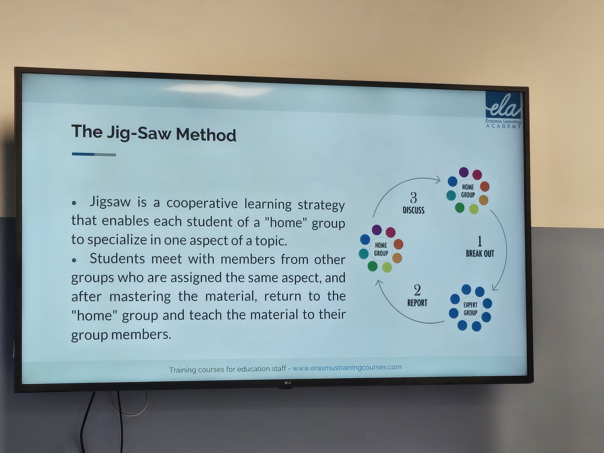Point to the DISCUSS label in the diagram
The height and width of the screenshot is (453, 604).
click(x=414, y=210)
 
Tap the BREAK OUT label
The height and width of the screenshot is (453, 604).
click(x=480, y=253)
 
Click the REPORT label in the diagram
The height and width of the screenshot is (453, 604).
click(x=417, y=303)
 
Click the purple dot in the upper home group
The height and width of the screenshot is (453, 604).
click(x=464, y=172)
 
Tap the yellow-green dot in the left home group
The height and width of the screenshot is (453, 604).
click(x=387, y=267)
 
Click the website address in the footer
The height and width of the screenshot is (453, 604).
click(x=347, y=368)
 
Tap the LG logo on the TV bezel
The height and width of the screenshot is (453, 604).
click(x=288, y=382)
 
